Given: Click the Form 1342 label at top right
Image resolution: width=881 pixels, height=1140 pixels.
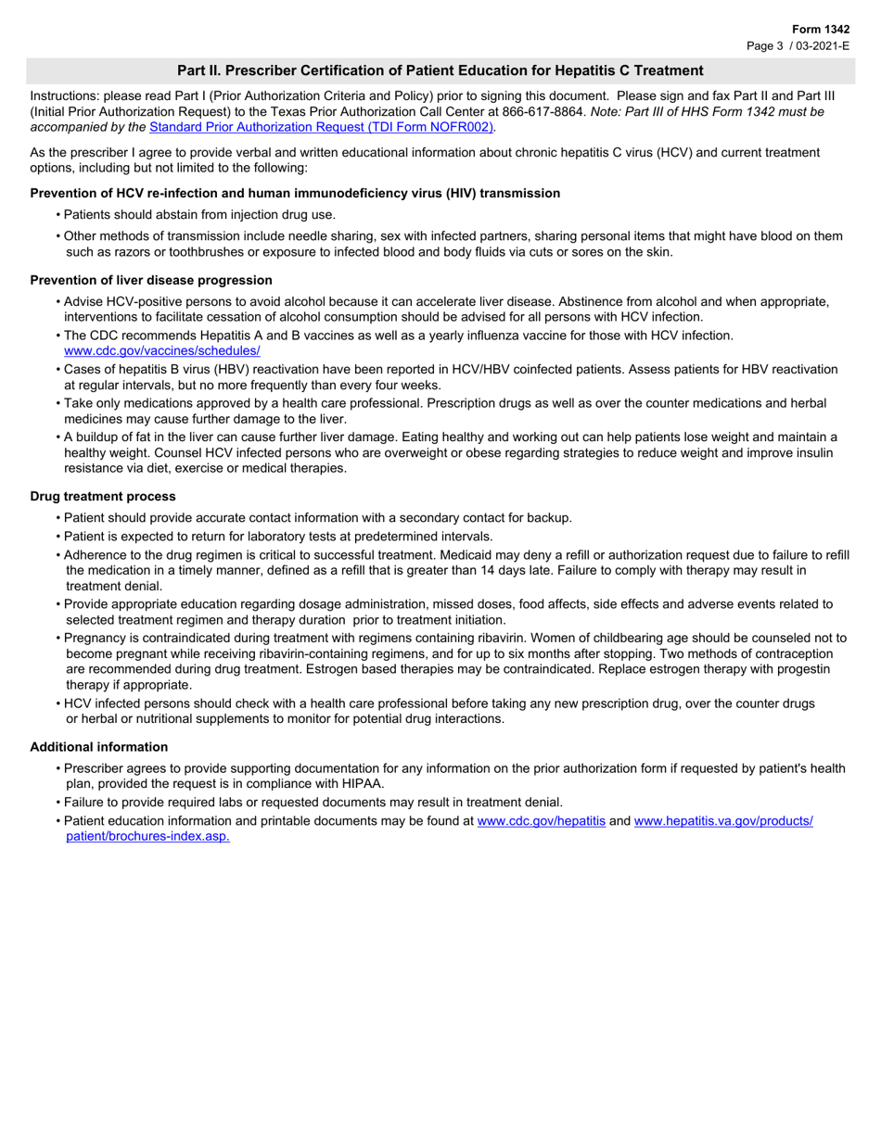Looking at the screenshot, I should tap(821, 30).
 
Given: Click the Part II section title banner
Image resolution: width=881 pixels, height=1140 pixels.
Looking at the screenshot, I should tap(440, 70).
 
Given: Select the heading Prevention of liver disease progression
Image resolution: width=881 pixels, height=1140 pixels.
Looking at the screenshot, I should tap(151, 280).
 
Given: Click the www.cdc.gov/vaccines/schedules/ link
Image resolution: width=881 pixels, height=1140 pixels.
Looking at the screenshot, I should tap(161, 350).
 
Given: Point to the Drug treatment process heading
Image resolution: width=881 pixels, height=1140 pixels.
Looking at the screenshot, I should tap(103, 496).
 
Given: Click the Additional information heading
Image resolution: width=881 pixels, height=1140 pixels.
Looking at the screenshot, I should tap(99, 746).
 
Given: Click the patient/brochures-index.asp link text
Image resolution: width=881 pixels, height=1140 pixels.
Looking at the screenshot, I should tap(147, 836).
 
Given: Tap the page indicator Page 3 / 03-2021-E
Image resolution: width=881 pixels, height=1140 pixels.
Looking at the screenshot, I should tap(798, 45).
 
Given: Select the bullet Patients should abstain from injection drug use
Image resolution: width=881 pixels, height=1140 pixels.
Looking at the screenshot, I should tap(199, 215).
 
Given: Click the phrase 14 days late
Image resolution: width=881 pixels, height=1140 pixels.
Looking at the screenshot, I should tap(642, 570).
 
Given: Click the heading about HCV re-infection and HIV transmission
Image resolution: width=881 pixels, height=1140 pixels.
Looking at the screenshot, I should tap(295, 193).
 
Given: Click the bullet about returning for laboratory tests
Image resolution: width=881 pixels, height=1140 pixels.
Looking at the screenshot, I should tap(278, 536).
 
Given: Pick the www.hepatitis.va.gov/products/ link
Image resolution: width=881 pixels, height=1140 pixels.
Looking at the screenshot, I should tap(723, 821).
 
